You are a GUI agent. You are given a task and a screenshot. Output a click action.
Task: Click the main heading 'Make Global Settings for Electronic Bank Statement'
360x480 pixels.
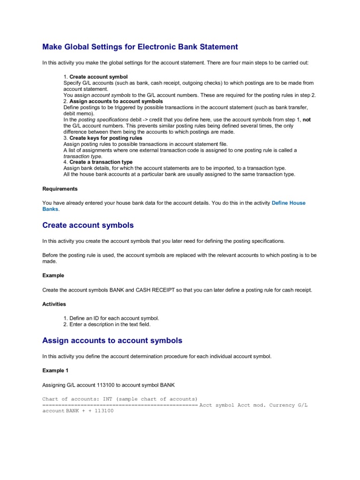click(x=140, y=47)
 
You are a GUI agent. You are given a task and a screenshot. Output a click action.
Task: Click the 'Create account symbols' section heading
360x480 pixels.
click(x=88, y=225)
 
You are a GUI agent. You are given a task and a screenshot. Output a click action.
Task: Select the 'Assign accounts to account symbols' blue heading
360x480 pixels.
click(x=112, y=340)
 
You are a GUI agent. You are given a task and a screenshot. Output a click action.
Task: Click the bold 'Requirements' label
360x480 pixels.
click(x=60, y=189)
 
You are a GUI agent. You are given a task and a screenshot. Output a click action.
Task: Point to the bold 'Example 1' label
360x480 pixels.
click(x=55, y=370)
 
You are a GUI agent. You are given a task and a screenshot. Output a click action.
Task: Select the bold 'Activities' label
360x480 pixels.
click(x=54, y=304)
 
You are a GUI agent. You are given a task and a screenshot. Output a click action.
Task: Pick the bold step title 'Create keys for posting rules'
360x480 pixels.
click(x=105, y=138)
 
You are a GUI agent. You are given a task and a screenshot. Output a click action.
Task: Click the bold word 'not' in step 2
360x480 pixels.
click(x=307, y=120)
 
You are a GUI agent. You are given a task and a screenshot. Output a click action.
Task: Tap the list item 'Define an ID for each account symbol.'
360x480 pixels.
click(x=114, y=318)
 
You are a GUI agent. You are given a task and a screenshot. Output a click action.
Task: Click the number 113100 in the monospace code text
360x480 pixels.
click(x=104, y=411)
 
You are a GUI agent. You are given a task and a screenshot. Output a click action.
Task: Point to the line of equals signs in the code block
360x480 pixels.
click(x=120, y=405)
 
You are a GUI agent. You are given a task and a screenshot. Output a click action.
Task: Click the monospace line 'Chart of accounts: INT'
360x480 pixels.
click(x=120, y=399)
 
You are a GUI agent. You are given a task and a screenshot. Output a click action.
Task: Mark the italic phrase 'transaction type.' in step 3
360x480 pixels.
click(x=82, y=156)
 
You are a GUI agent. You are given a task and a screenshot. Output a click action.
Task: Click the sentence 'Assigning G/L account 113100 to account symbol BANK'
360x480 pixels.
click(x=108, y=385)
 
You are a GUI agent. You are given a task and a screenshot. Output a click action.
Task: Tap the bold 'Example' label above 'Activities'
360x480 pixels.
click(x=53, y=276)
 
